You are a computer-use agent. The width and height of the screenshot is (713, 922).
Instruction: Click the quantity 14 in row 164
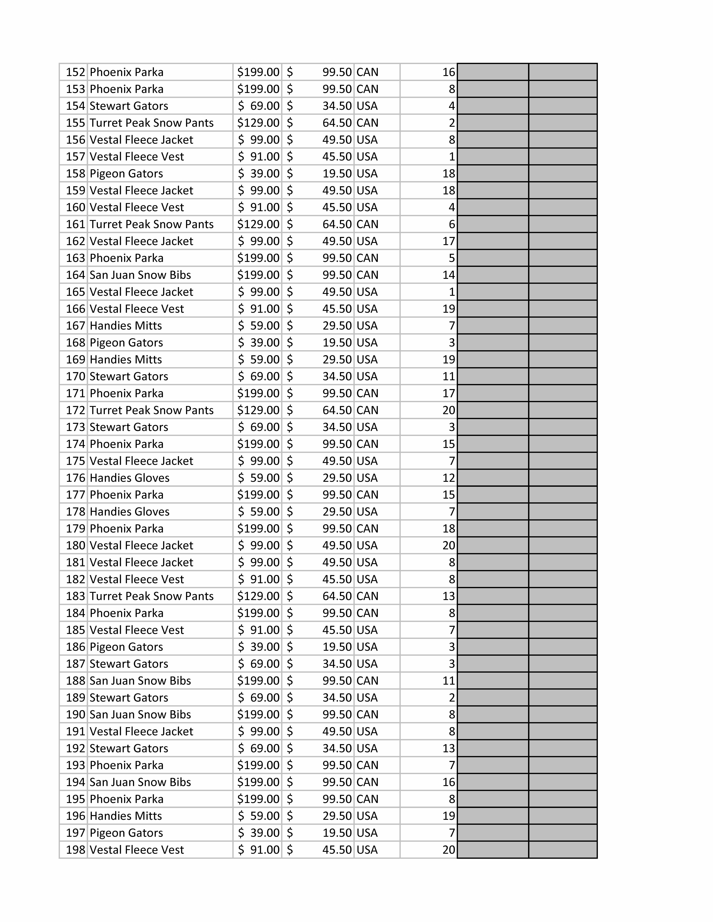click(x=449, y=275)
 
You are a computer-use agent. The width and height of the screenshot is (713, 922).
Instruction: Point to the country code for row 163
click(x=367, y=258)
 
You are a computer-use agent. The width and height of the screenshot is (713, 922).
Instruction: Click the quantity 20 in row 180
click(x=449, y=545)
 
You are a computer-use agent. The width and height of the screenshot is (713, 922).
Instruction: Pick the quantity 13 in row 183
click(x=449, y=596)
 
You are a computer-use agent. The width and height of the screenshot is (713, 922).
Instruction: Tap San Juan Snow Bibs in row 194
click(x=140, y=782)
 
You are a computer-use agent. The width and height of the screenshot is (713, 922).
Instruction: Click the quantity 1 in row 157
click(x=452, y=157)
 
